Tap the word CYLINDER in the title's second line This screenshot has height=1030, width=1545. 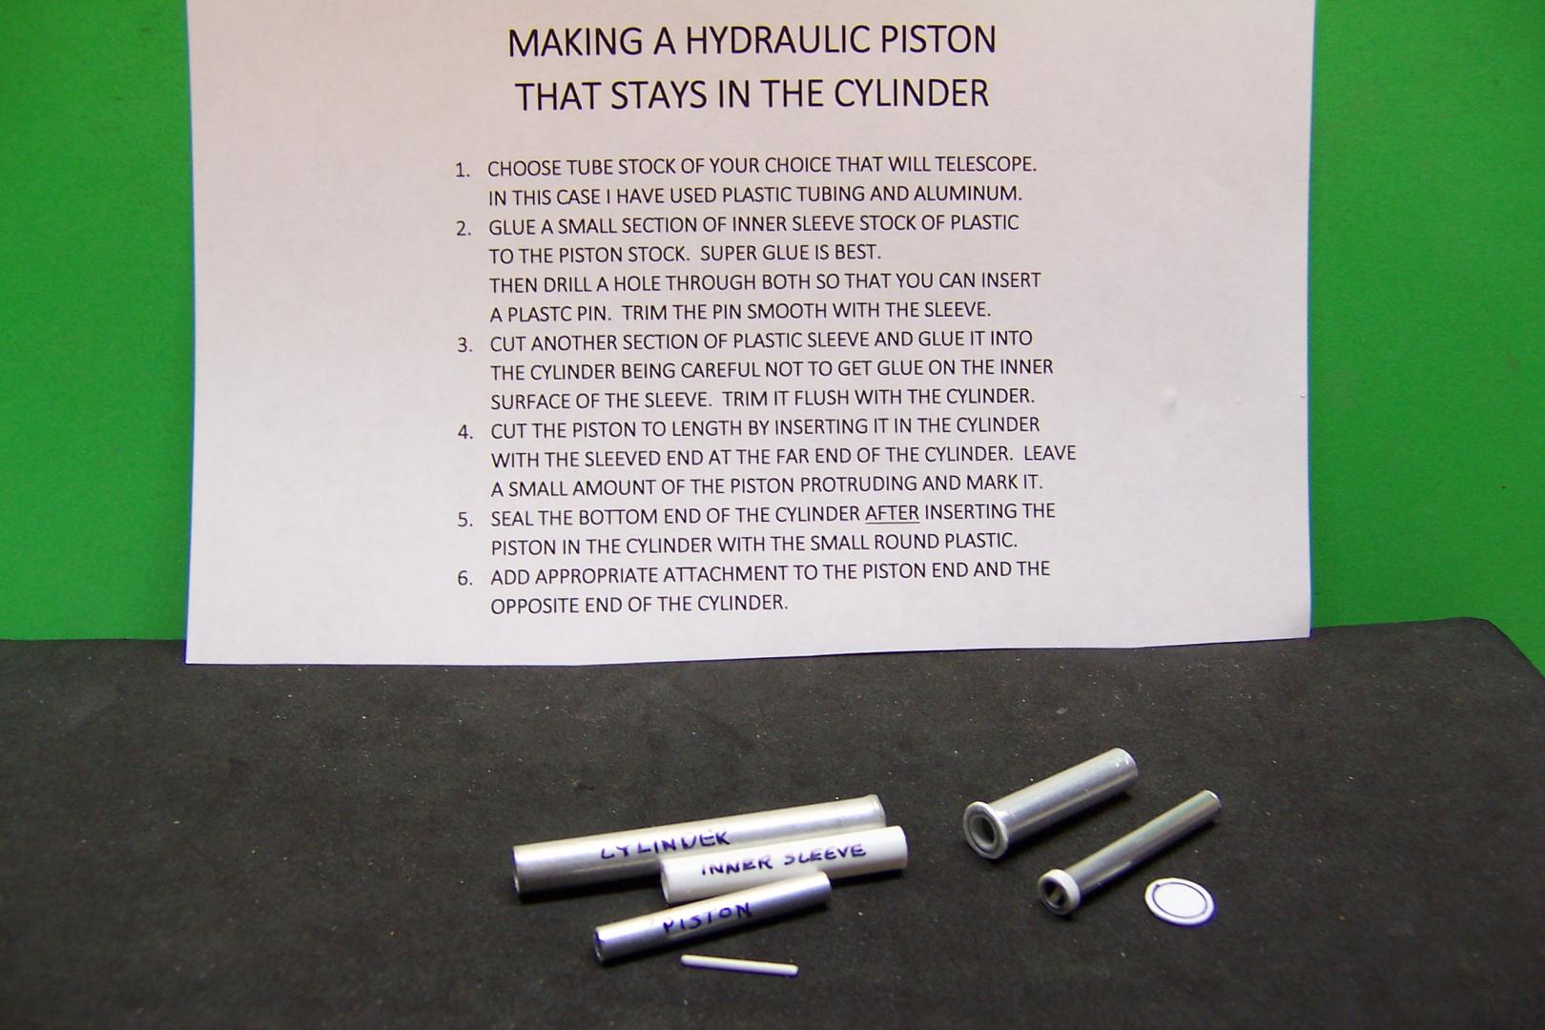(x=911, y=93)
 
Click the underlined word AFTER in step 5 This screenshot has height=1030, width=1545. (x=892, y=513)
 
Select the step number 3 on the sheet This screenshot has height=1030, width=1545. (x=464, y=345)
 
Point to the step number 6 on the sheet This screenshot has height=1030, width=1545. (x=465, y=578)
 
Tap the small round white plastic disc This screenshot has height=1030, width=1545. (x=1180, y=902)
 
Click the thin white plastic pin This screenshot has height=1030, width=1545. (x=739, y=965)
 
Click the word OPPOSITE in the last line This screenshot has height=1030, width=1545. (x=534, y=606)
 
